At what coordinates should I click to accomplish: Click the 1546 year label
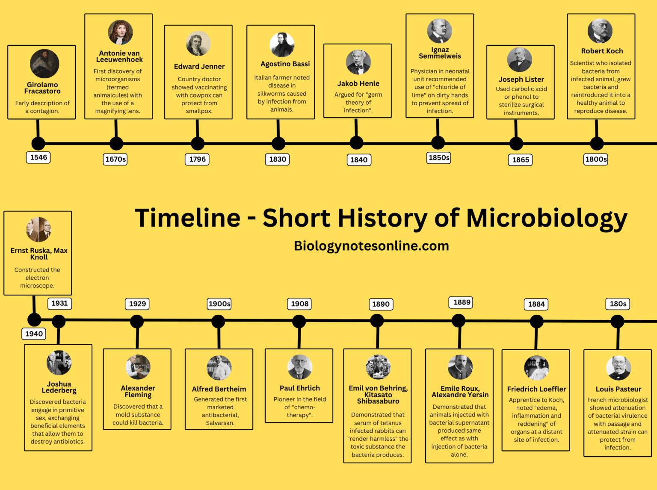[38, 157]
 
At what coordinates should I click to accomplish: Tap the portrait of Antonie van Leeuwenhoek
[120, 32]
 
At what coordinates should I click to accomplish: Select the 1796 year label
[197, 159]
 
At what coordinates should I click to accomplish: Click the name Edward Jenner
[199, 66]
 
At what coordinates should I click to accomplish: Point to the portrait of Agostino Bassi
[282, 45]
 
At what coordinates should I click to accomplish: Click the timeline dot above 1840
[356, 143]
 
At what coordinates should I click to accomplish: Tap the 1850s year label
[439, 158]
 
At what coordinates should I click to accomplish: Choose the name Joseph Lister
[521, 79]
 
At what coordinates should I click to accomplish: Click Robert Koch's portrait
[600, 31]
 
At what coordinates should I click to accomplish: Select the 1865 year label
[521, 159]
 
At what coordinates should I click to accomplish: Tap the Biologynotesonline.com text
[371, 246]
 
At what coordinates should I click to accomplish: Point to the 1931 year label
[59, 303]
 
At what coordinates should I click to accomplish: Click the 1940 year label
[34, 334]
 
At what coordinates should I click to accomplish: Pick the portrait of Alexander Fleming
[138, 367]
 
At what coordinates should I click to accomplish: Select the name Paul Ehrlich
[299, 388]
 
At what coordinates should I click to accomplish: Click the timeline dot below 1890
[377, 320]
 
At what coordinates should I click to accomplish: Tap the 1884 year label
[536, 304]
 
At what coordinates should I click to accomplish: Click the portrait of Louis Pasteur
[618, 368]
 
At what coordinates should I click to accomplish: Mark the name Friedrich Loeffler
[536, 389]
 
